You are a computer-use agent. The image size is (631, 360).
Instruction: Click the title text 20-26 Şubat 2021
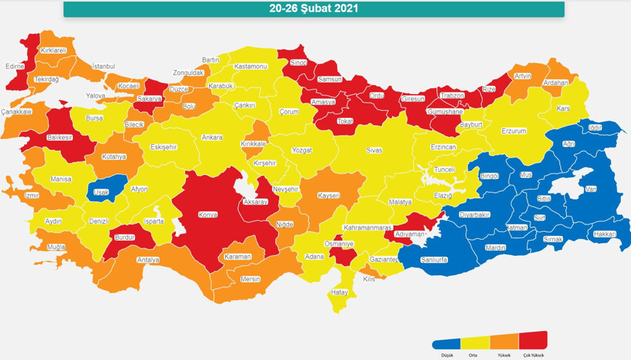[313, 9]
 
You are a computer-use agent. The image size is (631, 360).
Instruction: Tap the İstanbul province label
[103, 66]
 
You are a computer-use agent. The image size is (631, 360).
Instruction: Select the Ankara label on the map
[212, 137]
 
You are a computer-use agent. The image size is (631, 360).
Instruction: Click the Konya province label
[208, 215]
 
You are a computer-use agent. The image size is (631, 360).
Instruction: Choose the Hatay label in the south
[340, 292]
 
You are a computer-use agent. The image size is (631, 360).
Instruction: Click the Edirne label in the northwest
[15, 66]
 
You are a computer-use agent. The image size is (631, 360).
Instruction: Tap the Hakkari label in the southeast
[604, 234]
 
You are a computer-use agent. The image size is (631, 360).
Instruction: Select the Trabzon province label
[451, 95]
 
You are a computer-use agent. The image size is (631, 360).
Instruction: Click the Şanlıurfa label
[434, 259]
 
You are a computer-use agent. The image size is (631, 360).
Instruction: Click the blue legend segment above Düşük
[447, 343]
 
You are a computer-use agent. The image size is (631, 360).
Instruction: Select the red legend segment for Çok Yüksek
[533, 340]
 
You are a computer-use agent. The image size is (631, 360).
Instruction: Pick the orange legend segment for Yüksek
[504, 342]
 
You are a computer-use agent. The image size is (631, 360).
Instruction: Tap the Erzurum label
[514, 131]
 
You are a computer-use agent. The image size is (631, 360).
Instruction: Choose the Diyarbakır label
[475, 214]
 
